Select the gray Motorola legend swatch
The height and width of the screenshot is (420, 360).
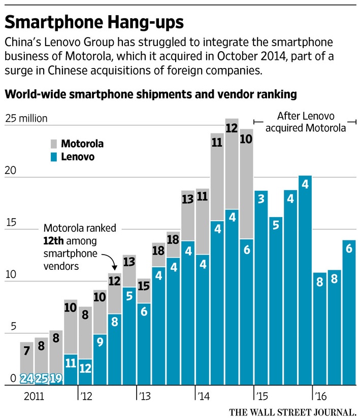pyautogui.click(x=53, y=144)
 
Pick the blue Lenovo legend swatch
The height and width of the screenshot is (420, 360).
pyautogui.click(x=53, y=157)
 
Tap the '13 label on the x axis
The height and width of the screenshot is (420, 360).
pyautogui.click(x=144, y=395)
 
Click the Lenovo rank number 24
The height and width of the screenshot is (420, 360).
pyautogui.click(x=26, y=379)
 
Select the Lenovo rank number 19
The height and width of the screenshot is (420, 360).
pyautogui.click(x=56, y=379)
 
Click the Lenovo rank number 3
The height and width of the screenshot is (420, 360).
pyautogui.click(x=261, y=198)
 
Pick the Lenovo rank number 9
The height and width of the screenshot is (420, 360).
pyautogui.click(x=100, y=342)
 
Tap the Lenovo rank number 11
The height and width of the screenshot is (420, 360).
pyautogui.click(x=71, y=363)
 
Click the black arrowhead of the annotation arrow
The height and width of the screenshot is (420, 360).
pyautogui.click(x=115, y=268)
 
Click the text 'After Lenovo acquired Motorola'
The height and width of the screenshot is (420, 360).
pyautogui.click(x=306, y=122)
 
